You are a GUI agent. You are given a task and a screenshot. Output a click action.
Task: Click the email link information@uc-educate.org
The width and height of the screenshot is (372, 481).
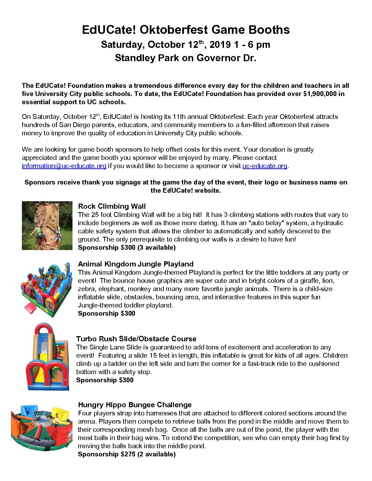click(x=64, y=166)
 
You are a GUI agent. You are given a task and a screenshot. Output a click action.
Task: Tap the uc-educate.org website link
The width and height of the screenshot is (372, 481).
click(x=265, y=166)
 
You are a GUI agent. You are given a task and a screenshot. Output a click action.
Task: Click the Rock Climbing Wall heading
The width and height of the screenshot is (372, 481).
click(x=112, y=206)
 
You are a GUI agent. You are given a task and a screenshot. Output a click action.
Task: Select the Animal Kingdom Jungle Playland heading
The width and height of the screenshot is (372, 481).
click(x=135, y=264)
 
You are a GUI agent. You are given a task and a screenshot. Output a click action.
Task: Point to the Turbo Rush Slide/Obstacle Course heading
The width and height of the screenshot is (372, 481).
click(x=136, y=339)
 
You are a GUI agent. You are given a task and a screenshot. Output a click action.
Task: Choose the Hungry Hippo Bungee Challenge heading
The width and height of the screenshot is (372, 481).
click(x=135, y=405)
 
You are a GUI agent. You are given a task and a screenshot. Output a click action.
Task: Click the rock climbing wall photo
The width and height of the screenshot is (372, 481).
click(x=47, y=225)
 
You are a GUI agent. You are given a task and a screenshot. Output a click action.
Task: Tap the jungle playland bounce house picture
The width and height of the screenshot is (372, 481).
click(x=46, y=289)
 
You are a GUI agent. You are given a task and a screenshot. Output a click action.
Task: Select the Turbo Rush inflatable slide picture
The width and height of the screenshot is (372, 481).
click(x=47, y=357)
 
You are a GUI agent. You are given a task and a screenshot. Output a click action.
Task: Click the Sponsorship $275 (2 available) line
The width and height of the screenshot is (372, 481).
click(x=127, y=454)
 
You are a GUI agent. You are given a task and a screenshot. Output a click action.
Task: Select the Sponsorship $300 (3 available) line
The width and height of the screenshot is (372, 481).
click(x=127, y=248)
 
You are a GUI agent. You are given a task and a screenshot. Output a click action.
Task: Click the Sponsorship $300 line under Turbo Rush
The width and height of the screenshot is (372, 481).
click(x=105, y=380)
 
